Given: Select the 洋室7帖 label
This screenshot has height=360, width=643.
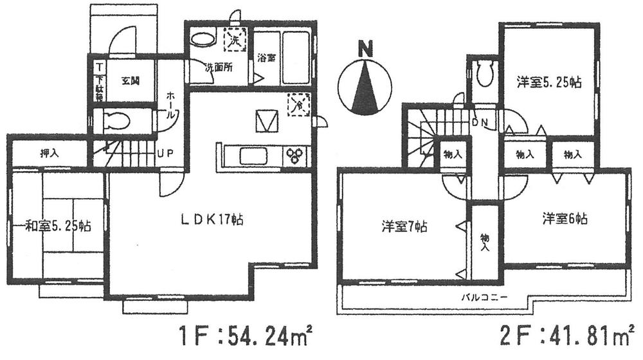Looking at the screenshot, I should coord(404,226).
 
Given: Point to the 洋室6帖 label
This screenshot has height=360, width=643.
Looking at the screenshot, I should coord(564,219).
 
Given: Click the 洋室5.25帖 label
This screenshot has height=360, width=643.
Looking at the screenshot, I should coord(549,82).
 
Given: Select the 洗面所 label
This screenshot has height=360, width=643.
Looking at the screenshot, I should coord(218,67).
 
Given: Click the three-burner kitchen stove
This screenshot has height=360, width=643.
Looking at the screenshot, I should coord(296,156).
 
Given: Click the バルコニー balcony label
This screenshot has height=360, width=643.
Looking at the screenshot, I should coord(484,298).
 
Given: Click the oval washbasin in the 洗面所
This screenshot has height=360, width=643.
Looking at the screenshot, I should coord(204,40).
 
